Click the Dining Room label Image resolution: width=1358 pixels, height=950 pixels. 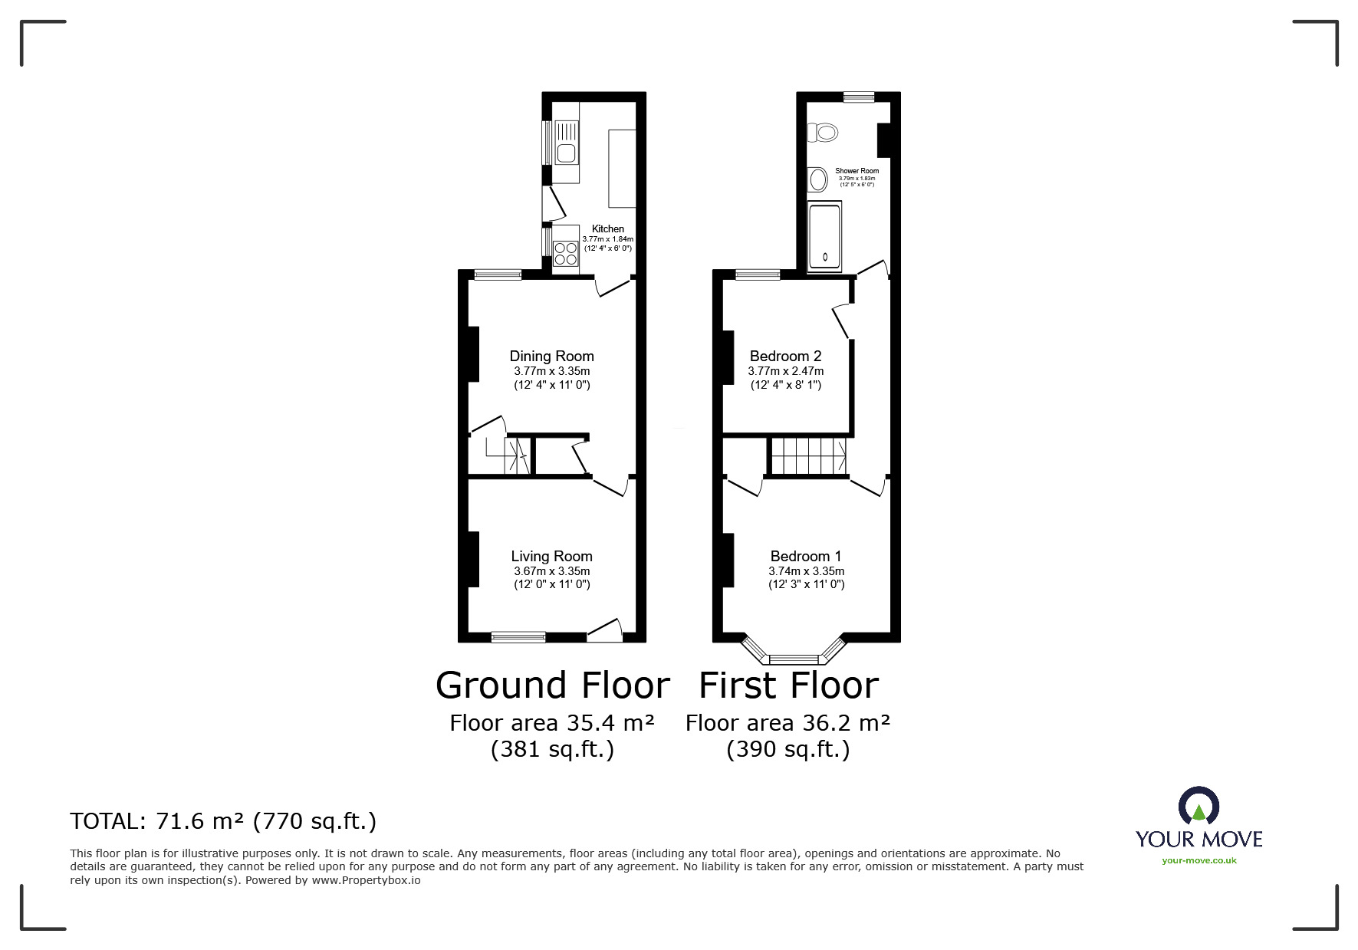point(551,356)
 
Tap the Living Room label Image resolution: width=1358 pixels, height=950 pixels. point(551,556)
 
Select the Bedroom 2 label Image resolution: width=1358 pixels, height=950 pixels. point(785,356)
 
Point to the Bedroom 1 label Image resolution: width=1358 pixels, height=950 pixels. point(806,556)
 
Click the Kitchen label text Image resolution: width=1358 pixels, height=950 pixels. point(607,228)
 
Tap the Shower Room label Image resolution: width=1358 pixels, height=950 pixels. point(857,171)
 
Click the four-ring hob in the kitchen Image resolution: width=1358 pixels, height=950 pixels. point(566,254)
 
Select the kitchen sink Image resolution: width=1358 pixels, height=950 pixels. point(566,153)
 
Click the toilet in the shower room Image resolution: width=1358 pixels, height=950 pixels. point(824,133)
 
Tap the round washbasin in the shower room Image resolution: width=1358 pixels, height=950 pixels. point(818,181)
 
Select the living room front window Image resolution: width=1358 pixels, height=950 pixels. point(518,636)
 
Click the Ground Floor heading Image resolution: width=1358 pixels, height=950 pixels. point(552,685)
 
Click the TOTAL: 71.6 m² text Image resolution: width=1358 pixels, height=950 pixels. point(223,821)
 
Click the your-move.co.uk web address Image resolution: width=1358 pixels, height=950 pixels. point(1199,860)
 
